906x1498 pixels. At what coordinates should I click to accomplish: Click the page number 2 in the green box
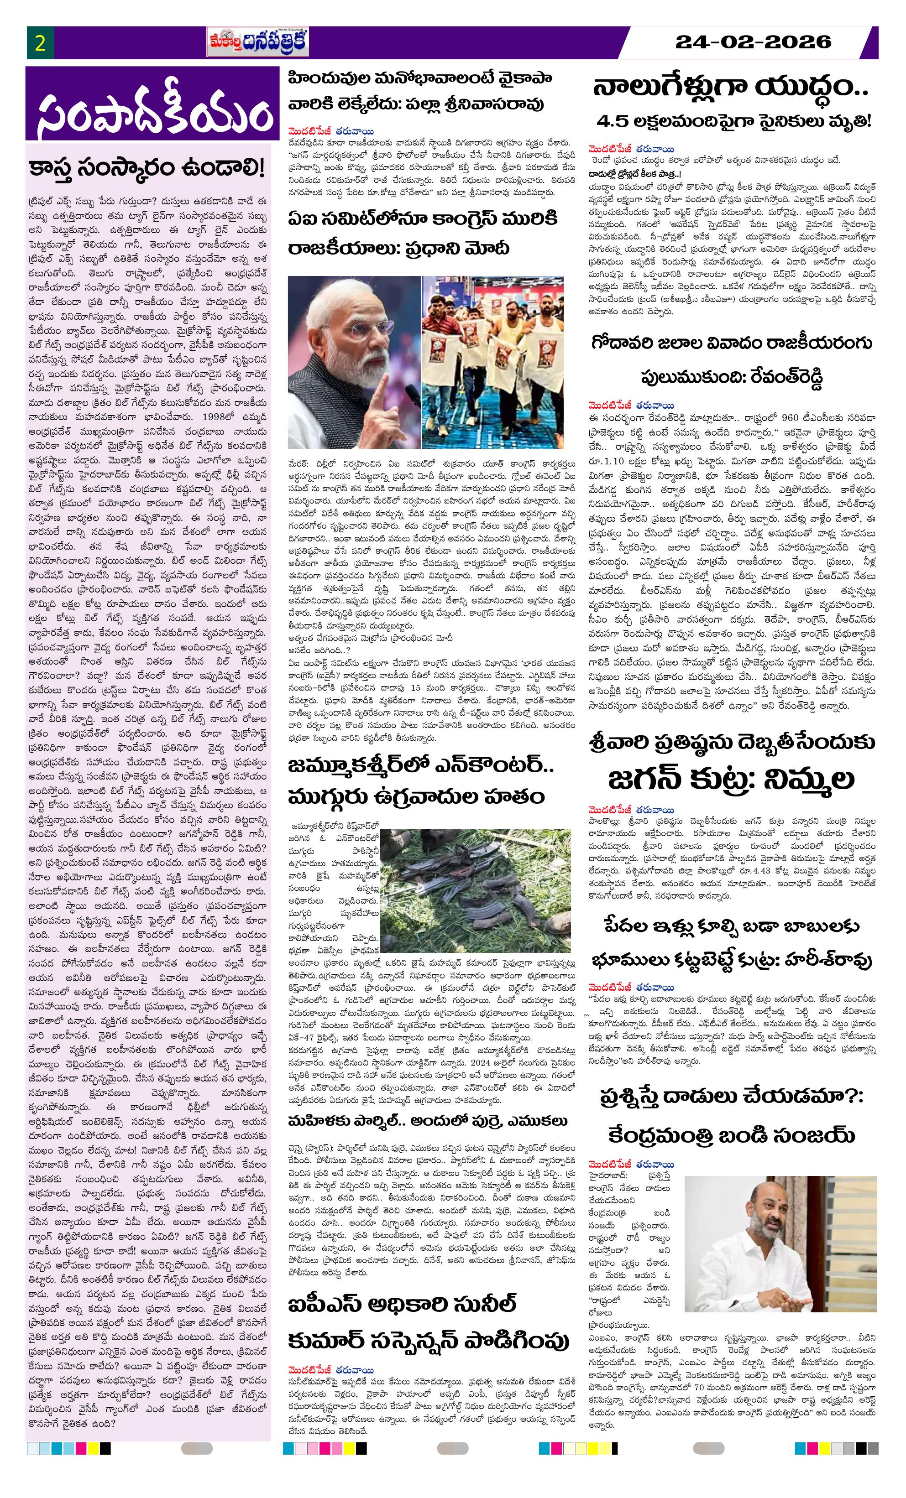[41, 44]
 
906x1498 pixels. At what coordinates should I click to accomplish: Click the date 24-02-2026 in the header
[753, 42]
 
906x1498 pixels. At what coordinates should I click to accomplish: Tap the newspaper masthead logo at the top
[257, 43]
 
